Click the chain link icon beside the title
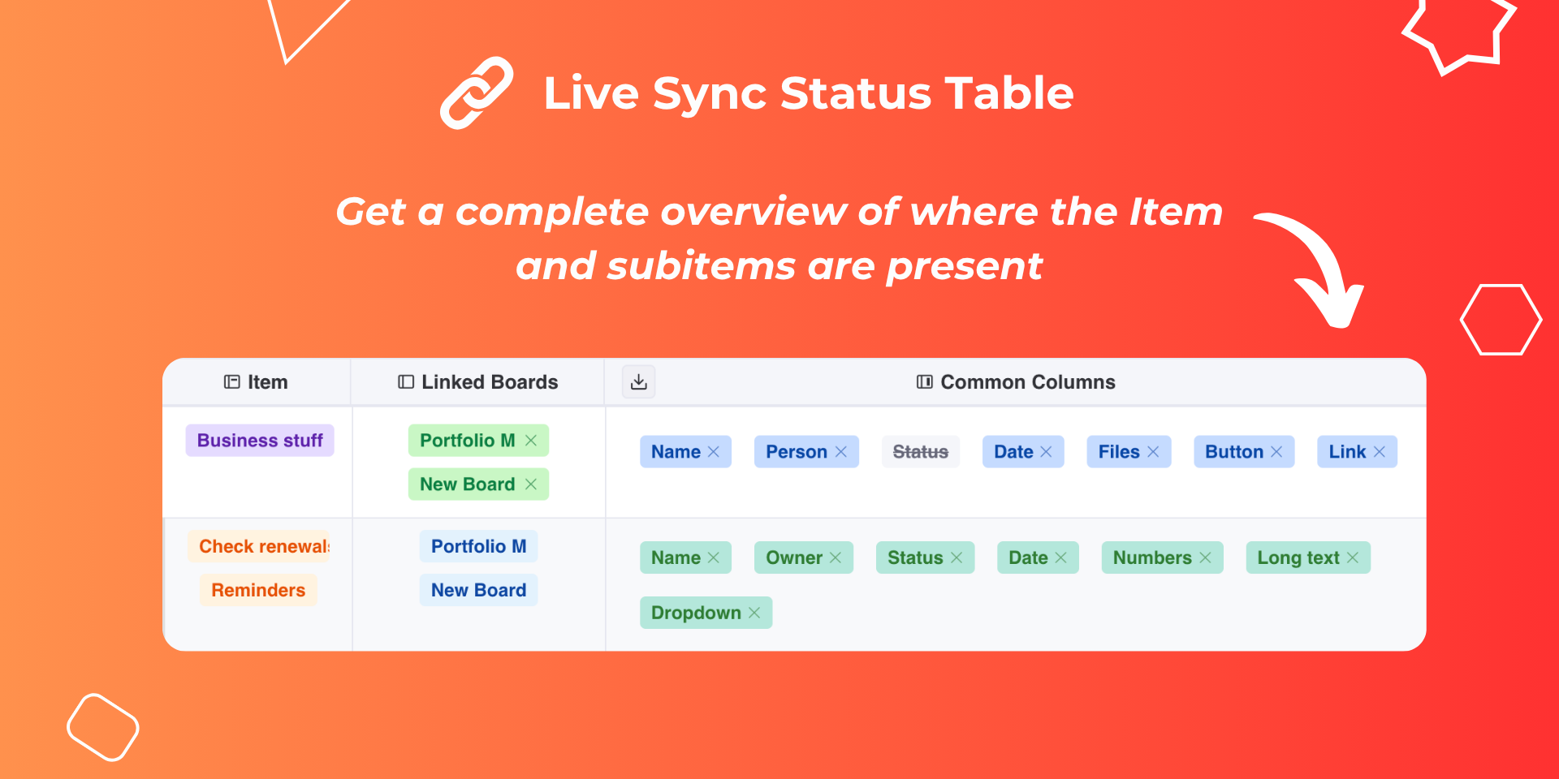pyautogui.click(x=477, y=93)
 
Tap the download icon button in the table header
pyautogui.click(x=639, y=382)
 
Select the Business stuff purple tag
pyautogui.click(x=260, y=441)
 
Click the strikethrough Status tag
pyautogui.click(x=921, y=452)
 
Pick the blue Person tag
pyautogui.click(x=806, y=452)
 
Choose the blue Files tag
pyautogui.click(x=1129, y=452)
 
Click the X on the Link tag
pyautogui.click(x=1380, y=452)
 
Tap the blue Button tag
pyautogui.click(x=1244, y=452)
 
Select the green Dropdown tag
pyautogui.click(x=706, y=613)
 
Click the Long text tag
pyautogui.click(x=1308, y=557)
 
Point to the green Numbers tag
pyautogui.click(x=1162, y=557)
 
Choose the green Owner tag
pyautogui.click(x=804, y=557)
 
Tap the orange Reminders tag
pyautogui.click(x=258, y=590)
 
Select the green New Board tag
pyautogui.click(x=478, y=484)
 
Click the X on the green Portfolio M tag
pyautogui.click(x=531, y=441)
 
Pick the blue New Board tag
pyautogui.click(x=478, y=590)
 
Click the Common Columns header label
pyautogui.click(x=1028, y=382)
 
